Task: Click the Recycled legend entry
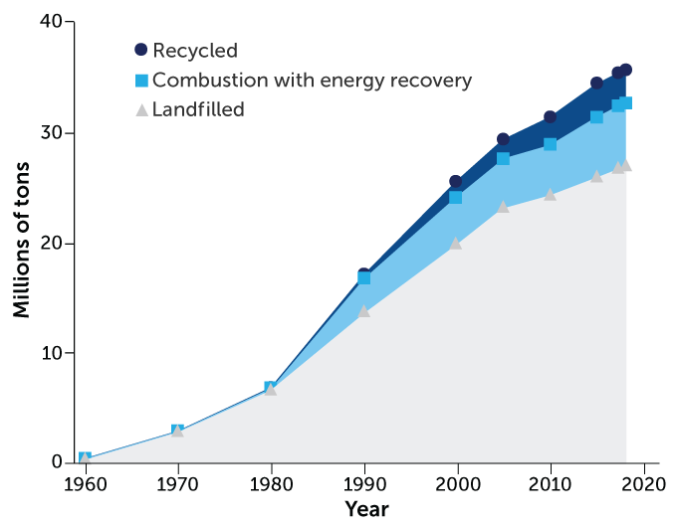195,50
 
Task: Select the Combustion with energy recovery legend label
312,80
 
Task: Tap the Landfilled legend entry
198,109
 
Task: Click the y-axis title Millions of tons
21,243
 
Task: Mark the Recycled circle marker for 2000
456,182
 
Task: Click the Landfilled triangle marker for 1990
364,311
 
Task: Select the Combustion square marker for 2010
550,144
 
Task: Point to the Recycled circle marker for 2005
503,139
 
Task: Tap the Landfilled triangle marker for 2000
456,243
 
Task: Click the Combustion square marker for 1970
177,431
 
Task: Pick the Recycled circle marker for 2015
596,84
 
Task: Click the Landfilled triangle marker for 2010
550,194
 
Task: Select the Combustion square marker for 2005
503,158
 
